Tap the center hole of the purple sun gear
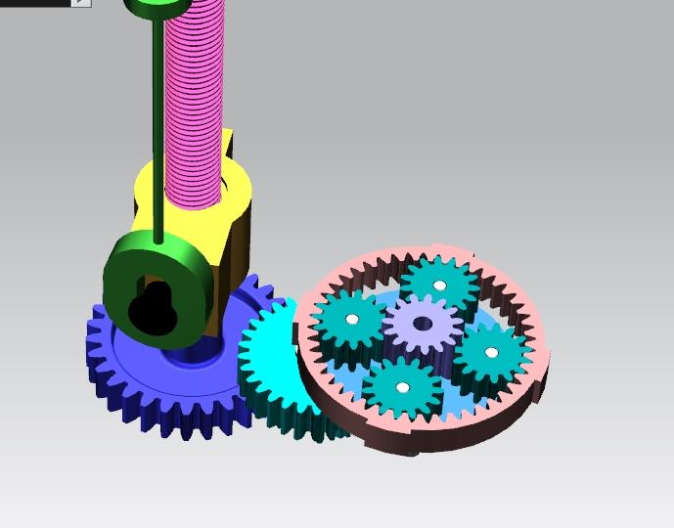coord(423,323)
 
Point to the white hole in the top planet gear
coord(440,286)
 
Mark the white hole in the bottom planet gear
coord(401,387)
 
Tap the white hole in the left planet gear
coord(351,320)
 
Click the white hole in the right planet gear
coord(491,352)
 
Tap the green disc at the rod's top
coord(157,8)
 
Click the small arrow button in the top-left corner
coord(81,3)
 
